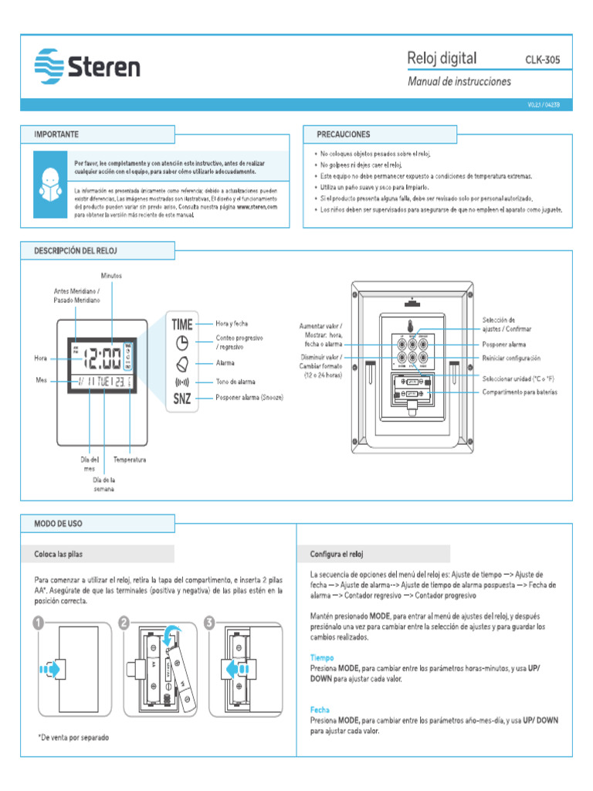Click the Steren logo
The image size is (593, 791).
click(x=87, y=65)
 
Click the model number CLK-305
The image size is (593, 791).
click(x=543, y=59)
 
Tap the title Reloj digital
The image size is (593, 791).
click(x=442, y=59)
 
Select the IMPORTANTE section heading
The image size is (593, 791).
click(x=56, y=134)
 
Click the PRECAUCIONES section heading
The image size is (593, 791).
click(x=343, y=134)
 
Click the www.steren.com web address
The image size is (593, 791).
click(x=256, y=207)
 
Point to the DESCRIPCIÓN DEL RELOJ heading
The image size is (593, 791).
click(x=76, y=251)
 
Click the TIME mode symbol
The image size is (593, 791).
click(x=182, y=325)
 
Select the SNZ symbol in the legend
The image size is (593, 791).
click(x=182, y=399)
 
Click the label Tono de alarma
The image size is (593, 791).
click(x=236, y=382)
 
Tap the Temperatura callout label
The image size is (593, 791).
click(x=129, y=460)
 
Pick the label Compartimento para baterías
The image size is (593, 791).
click(x=520, y=393)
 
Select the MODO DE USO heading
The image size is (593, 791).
click(x=58, y=523)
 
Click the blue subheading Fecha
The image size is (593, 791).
click(x=320, y=709)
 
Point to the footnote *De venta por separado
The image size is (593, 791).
click(x=73, y=738)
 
